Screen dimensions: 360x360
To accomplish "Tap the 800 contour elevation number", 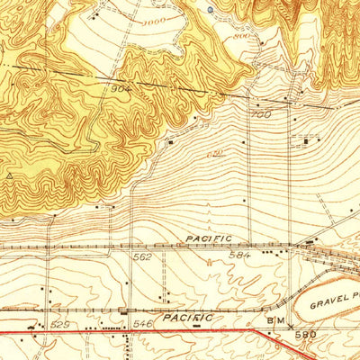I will point(240,37).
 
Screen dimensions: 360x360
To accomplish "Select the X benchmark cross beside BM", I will point(290,327).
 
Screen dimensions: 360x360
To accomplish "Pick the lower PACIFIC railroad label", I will point(188,318).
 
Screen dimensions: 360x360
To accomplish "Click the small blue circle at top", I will point(210,10).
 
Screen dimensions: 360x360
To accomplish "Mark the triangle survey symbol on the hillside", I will point(9,176).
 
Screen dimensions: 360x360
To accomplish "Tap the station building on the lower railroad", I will point(123,310).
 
